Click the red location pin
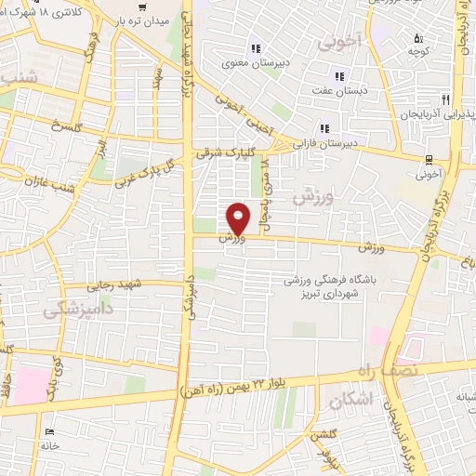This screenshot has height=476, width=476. [240, 218]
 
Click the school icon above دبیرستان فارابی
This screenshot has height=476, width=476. [323, 128]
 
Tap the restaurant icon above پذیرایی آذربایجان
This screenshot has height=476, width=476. [446, 99]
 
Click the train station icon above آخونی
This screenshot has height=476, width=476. [429, 159]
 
